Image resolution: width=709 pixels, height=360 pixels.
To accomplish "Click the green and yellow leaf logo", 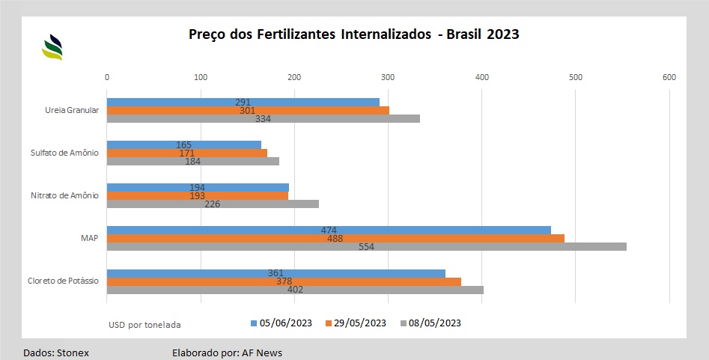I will (52, 47).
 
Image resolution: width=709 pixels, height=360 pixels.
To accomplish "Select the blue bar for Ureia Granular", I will (243, 102).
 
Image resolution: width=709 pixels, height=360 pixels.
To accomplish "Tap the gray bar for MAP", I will (366, 246).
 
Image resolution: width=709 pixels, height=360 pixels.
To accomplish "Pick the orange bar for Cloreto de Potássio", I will (284, 281).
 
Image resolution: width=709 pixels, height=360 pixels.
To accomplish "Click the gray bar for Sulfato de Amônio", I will (193, 161).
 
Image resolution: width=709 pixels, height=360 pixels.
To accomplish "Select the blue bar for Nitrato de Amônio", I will (198, 187).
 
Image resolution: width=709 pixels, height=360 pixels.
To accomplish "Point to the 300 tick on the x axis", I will (388, 77).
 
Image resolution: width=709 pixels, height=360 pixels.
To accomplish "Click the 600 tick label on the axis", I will (669, 77).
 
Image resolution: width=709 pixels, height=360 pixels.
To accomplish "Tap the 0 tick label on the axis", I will (107, 77).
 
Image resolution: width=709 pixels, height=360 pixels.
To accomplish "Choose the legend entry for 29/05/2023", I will (356, 323).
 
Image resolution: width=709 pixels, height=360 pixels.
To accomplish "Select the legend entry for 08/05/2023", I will (430, 323).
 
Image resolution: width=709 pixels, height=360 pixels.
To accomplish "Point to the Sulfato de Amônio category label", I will (65, 153).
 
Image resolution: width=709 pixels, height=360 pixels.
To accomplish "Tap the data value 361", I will (276, 273).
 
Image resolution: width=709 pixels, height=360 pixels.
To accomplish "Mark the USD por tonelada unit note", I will (144, 325).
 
